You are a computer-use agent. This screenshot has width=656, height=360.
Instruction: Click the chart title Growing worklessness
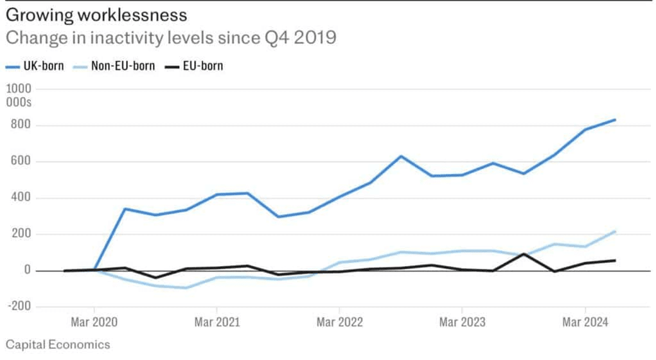point(96,15)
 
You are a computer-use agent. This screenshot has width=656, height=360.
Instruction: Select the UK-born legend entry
point(35,66)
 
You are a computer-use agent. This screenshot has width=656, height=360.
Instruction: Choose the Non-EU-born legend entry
point(114,66)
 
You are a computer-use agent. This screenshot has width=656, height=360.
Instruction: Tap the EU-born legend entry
point(193,66)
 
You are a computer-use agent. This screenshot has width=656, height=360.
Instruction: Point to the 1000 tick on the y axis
point(19,89)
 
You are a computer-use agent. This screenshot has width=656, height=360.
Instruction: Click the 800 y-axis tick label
point(22,124)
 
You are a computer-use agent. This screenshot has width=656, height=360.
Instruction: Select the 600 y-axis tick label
point(22,161)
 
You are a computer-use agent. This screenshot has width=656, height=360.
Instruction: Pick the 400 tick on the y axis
point(22,197)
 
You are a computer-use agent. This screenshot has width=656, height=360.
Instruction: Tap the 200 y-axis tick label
point(22,233)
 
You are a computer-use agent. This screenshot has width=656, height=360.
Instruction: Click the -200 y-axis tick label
point(19,307)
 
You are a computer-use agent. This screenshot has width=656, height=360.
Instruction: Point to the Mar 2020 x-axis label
point(94,322)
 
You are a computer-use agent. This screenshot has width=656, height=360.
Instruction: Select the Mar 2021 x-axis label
point(217,322)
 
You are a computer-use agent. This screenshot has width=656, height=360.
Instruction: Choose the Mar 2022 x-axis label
point(340,322)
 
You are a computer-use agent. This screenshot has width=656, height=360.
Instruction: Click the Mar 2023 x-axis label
point(463,322)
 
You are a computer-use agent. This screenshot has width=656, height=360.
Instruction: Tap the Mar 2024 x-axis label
point(585,322)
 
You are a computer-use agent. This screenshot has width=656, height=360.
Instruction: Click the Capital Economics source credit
point(58,345)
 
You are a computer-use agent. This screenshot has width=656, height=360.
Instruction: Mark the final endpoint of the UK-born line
point(615,120)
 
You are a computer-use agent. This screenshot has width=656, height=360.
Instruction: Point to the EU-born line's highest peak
point(524,254)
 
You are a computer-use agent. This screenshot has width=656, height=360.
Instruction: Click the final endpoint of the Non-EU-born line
point(615,231)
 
